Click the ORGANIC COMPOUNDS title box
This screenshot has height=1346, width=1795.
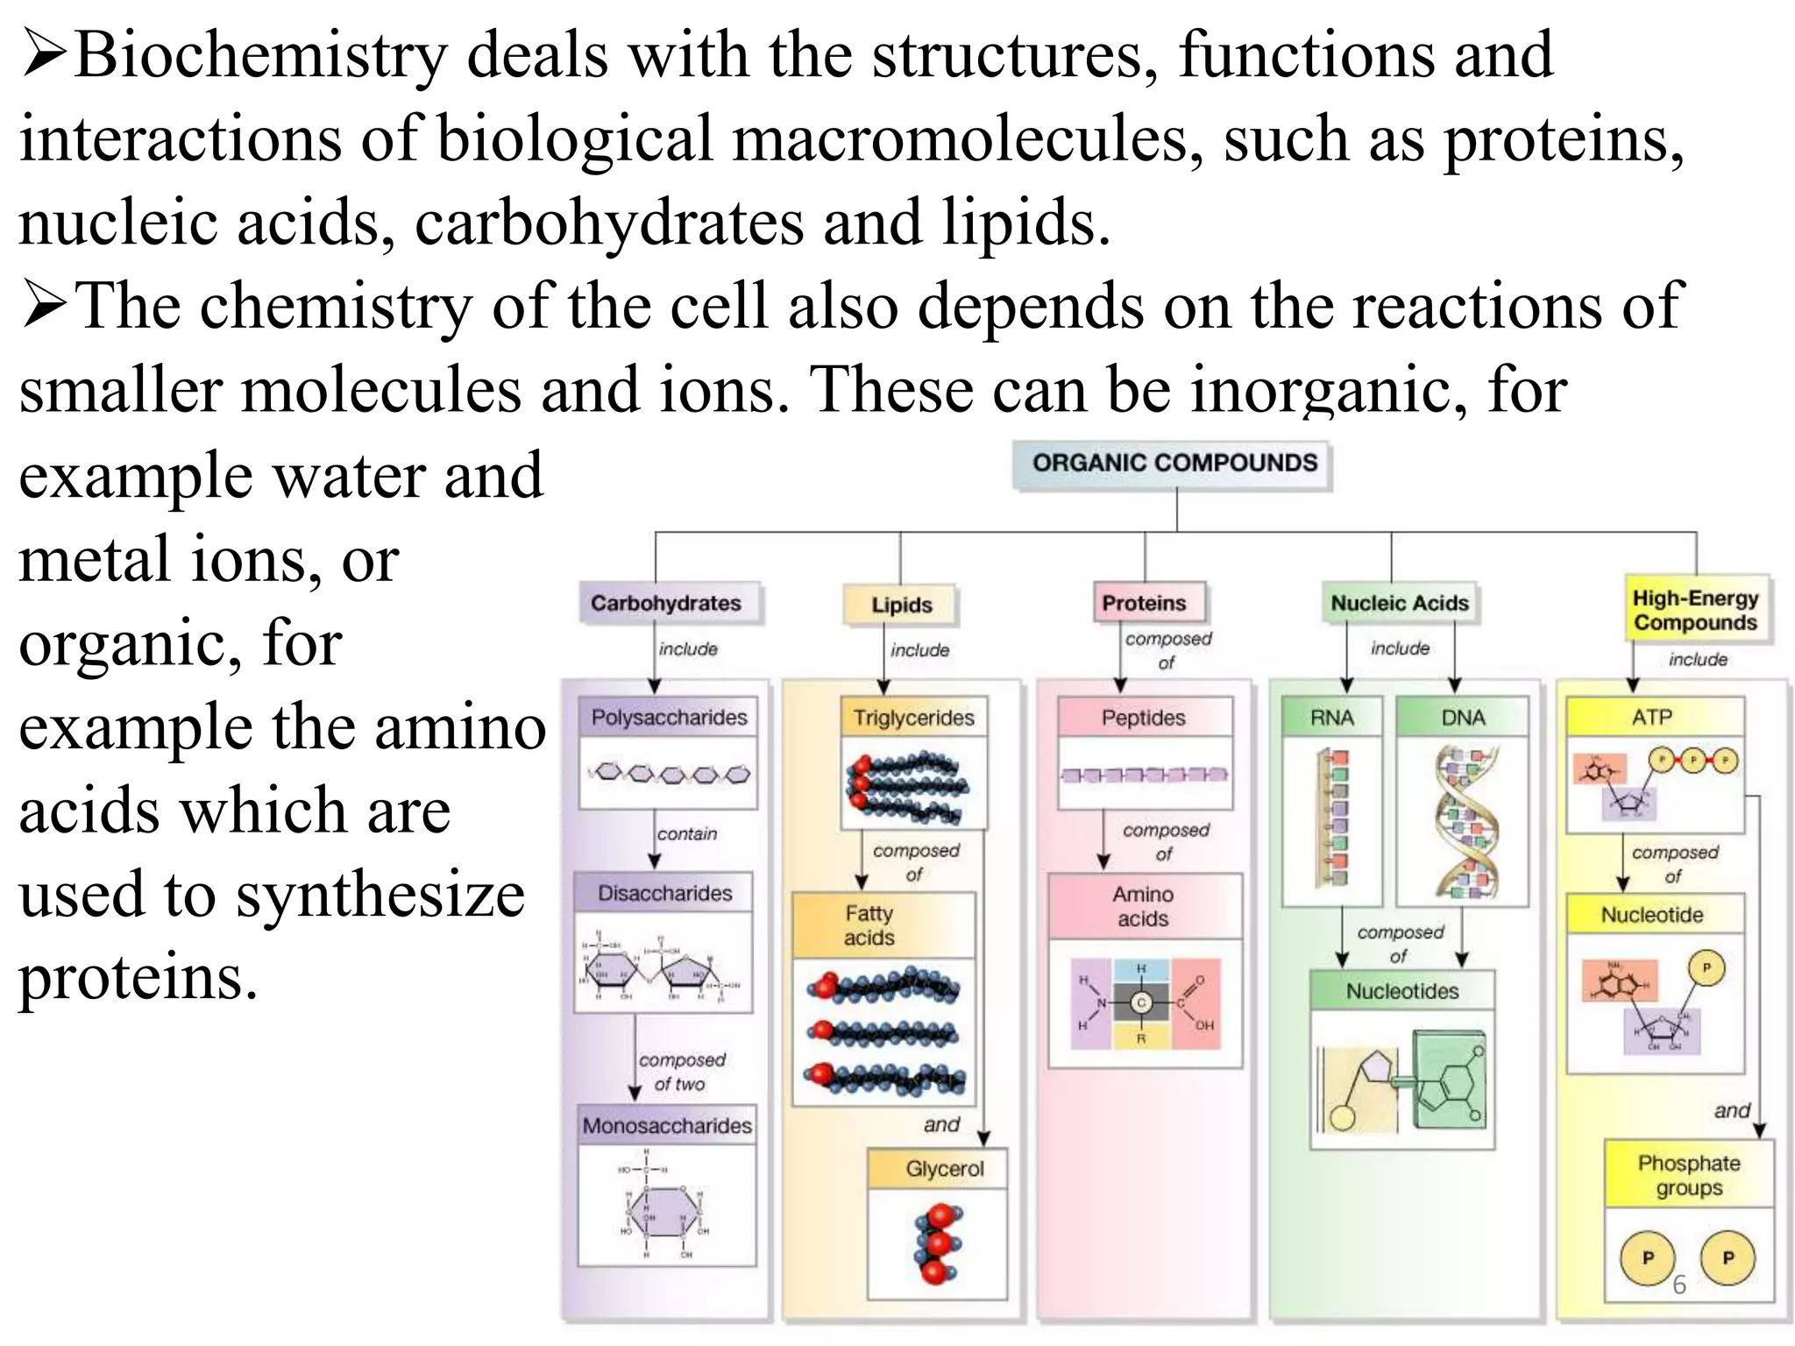(1174, 464)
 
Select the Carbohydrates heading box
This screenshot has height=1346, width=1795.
(666, 603)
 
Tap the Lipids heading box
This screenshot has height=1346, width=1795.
(901, 605)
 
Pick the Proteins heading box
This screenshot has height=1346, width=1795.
(1144, 603)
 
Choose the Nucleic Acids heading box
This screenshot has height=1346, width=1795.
(1399, 603)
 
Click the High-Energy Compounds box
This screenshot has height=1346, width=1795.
(1695, 611)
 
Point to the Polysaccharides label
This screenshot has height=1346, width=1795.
(669, 718)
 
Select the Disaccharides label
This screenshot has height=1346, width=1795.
(664, 893)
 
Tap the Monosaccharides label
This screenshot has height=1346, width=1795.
(667, 1125)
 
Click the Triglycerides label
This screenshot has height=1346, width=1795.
(913, 718)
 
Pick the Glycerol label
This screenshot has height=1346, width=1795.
(944, 1169)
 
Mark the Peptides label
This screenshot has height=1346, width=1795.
(1143, 718)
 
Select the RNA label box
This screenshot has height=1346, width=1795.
(1331, 718)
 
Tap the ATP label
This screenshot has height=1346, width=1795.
(1652, 718)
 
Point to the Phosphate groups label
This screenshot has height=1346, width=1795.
(1689, 1175)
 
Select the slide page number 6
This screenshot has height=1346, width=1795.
(1678, 1285)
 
